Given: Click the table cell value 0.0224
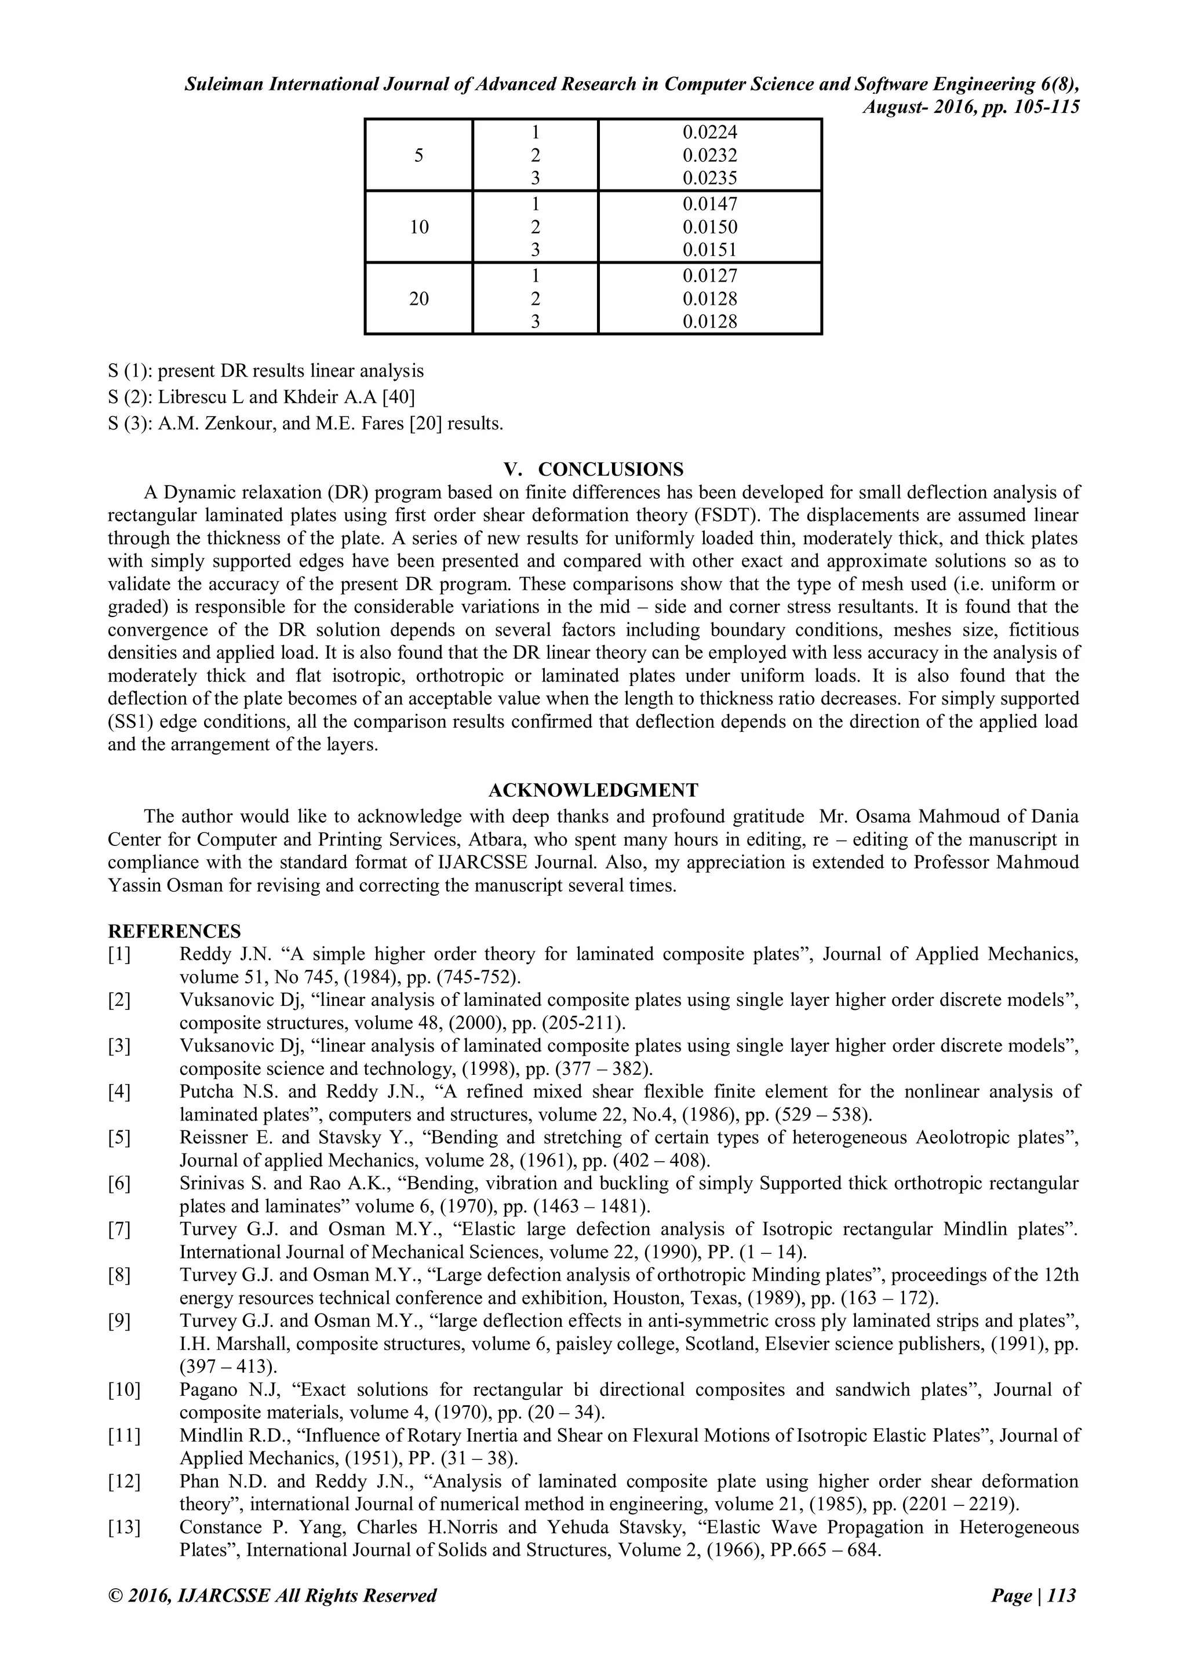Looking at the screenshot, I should [710, 132].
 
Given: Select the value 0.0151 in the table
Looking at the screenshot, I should [710, 250].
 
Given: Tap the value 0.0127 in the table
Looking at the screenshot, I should [710, 276].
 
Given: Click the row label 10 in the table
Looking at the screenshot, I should [419, 227].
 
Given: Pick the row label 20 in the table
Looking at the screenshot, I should [419, 299].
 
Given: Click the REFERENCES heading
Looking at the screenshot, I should [174, 932].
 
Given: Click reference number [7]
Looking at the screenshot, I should [119, 1230].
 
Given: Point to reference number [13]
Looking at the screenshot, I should [124, 1527].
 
